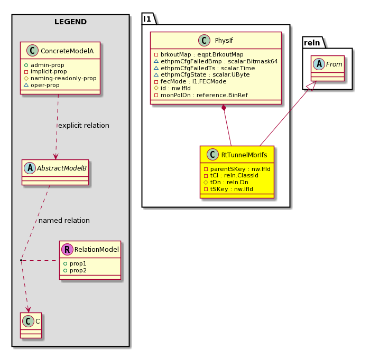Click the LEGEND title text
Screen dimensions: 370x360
click(x=70, y=22)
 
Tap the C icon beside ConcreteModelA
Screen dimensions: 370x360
click(x=32, y=51)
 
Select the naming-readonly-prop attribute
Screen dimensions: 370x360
click(x=63, y=78)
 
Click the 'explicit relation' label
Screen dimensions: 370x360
click(x=84, y=125)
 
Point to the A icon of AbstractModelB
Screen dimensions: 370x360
click(x=30, y=168)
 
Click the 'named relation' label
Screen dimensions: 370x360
click(x=64, y=220)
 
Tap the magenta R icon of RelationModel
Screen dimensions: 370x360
click(x=67, y=249)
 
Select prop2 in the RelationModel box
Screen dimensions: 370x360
click(x=78, y=270)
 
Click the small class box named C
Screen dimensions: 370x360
click(x=31, y=325)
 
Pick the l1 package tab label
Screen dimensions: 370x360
click(x=147, y=19)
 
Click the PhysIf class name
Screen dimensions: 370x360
click(x=224, y=41)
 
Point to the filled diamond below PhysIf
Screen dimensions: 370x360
click(x=224, y=108)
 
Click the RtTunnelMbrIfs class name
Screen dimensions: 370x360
click(x=244, y=155)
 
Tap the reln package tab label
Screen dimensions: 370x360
click(x=312, y=43)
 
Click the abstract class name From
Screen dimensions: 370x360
click(x=334, y=64)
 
